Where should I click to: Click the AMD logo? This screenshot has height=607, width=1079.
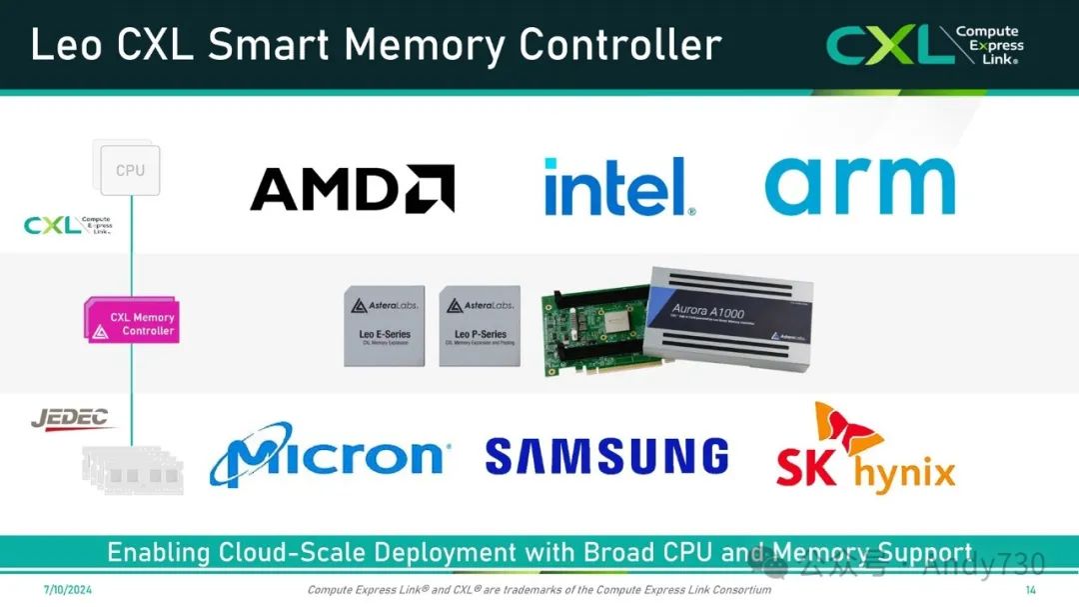[352, 188]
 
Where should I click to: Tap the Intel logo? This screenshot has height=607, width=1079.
[619, 186]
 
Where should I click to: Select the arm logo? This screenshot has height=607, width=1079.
[859, 186]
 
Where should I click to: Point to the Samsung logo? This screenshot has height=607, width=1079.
[606, 456]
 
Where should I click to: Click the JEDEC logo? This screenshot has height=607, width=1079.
[70, 419]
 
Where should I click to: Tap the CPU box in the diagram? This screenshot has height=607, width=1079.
[129, 170]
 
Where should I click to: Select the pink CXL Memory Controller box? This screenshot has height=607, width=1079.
[133, 323]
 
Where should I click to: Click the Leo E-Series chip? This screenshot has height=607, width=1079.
[384, 326]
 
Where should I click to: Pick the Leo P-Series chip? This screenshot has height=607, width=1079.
[480, 326]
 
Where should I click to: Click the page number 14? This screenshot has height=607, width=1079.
[1031, 590]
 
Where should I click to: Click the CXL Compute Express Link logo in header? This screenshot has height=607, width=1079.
[924, 45]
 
